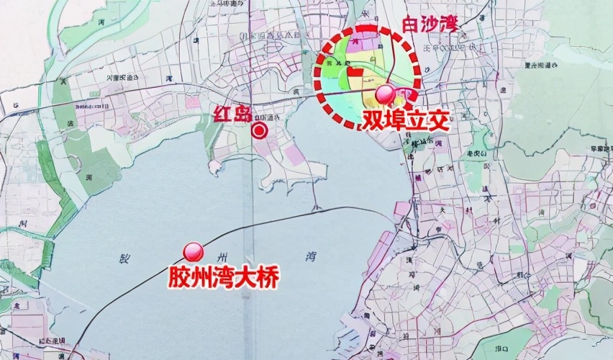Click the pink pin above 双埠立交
[386, 93]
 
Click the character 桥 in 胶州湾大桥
[267, 277]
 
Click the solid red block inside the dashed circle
[355, 72]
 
